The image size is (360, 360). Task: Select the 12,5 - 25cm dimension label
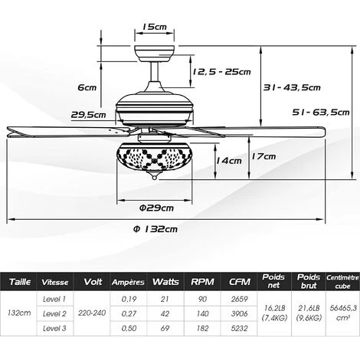pos(221,72)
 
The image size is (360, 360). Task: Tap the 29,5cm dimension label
pos(88,114)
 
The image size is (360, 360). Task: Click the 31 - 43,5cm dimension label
pos(291,87)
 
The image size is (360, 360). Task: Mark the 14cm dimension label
pos(229,161)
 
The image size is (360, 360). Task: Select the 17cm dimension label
pos(263,156)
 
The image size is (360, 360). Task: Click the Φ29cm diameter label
pos(156,208)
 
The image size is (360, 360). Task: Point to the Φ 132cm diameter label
pos(155,229)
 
